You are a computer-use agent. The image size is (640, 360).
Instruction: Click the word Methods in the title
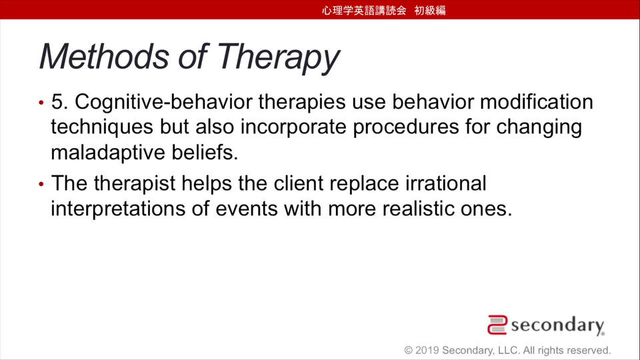[x=104, y=56]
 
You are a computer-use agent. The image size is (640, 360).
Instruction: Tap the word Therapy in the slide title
[x=278, y=58]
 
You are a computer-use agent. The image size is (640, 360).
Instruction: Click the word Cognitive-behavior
[x=164, y=102]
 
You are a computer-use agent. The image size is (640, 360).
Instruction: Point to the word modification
[x=536, y=101]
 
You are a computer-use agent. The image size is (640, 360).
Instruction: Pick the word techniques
[x=102, y=127]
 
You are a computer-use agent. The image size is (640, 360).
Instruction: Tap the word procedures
[x=406, y=127]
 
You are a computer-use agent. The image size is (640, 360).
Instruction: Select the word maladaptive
[x=108, y=153]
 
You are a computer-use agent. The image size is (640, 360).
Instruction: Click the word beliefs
[x=205, y=152]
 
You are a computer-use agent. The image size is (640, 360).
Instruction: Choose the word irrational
[x=446, y=183]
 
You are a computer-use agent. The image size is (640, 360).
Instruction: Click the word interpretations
[x=118, y=209]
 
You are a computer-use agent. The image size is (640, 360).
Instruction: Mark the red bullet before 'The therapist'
[x=41, y=185]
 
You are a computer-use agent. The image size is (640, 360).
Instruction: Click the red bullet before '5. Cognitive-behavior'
[x=41, y=103]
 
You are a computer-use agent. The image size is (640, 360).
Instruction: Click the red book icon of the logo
[x=497, y=325]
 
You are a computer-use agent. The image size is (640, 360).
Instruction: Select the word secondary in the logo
[x=557, y=326]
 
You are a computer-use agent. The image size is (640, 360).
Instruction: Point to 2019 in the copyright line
[x=427, y=350]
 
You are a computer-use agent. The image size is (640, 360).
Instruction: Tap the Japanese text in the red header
[x=384, y=10]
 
